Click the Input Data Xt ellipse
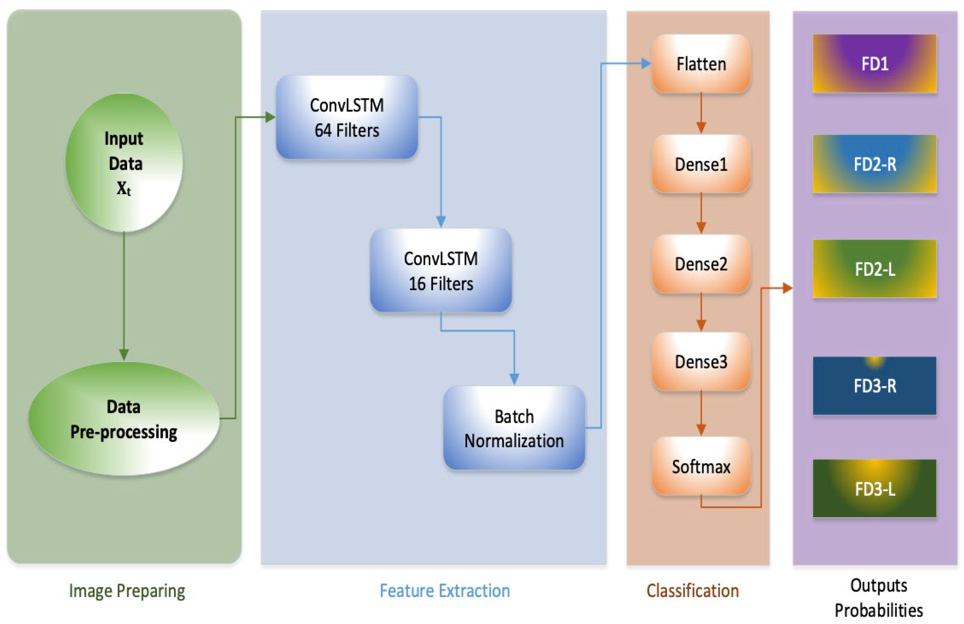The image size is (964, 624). [124, 162]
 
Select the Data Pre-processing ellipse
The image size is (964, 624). [124, 418]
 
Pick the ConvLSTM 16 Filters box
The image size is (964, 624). [441, 270]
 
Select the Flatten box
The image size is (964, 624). [701, 64]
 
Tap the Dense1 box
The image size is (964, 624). [701, 164]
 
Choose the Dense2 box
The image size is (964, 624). [701, 264]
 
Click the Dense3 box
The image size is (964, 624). [701, 362]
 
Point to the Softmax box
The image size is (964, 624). [701, 466]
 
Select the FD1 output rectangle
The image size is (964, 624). [875, 64]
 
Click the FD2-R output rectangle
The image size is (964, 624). [875, 164]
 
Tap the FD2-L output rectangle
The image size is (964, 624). [875, 269]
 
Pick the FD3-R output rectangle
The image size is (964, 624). [875, 385]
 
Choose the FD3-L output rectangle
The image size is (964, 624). [875, 488]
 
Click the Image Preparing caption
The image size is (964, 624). [127, 591]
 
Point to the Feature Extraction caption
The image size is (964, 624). [444, 591]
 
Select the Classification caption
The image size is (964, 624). [693, 591]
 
